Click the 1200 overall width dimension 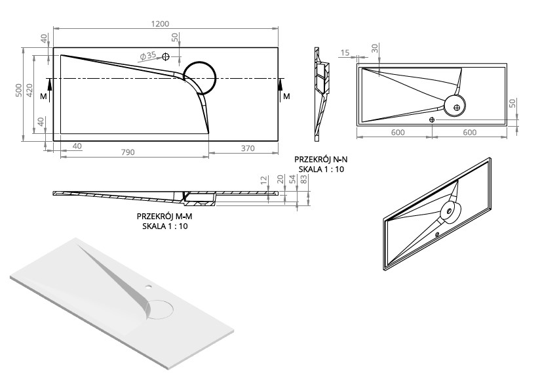point(160,24)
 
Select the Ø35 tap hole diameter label point(147,56)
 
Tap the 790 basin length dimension point(128,152)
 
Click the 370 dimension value point(248,148)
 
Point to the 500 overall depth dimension point(19,90)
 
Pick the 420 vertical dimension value point(29,90)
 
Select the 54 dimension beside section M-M point(292,179)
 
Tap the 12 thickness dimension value point(264,180)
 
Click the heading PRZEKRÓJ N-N point(321,159)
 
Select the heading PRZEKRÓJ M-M point(164,217)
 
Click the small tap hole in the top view point(166,56)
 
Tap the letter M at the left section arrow point(43,96)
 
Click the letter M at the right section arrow point(286,96)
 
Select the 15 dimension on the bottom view point(345,53)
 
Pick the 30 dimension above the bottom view point(375,48)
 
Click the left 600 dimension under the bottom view point(398,133)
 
